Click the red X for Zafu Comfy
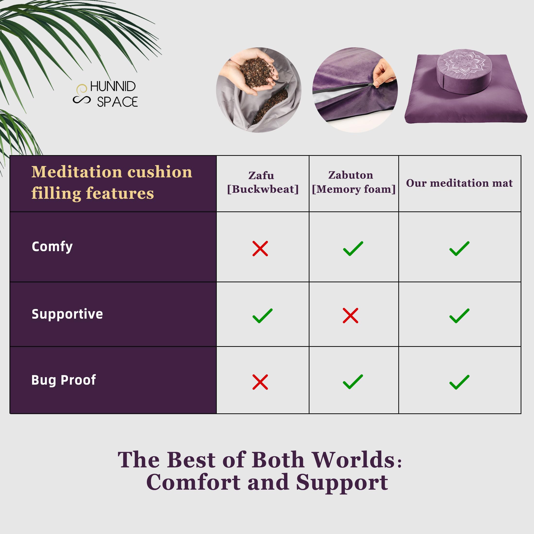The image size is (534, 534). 260,249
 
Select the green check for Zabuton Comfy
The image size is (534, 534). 353,249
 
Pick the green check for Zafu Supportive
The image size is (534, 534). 262,316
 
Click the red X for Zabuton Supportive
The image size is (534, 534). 350,315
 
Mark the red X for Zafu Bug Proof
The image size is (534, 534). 260,382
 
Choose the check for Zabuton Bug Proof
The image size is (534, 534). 353,382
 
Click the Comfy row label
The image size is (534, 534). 52,247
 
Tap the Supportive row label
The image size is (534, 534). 67,314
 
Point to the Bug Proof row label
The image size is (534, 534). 64,380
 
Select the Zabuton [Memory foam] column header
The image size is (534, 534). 353,182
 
